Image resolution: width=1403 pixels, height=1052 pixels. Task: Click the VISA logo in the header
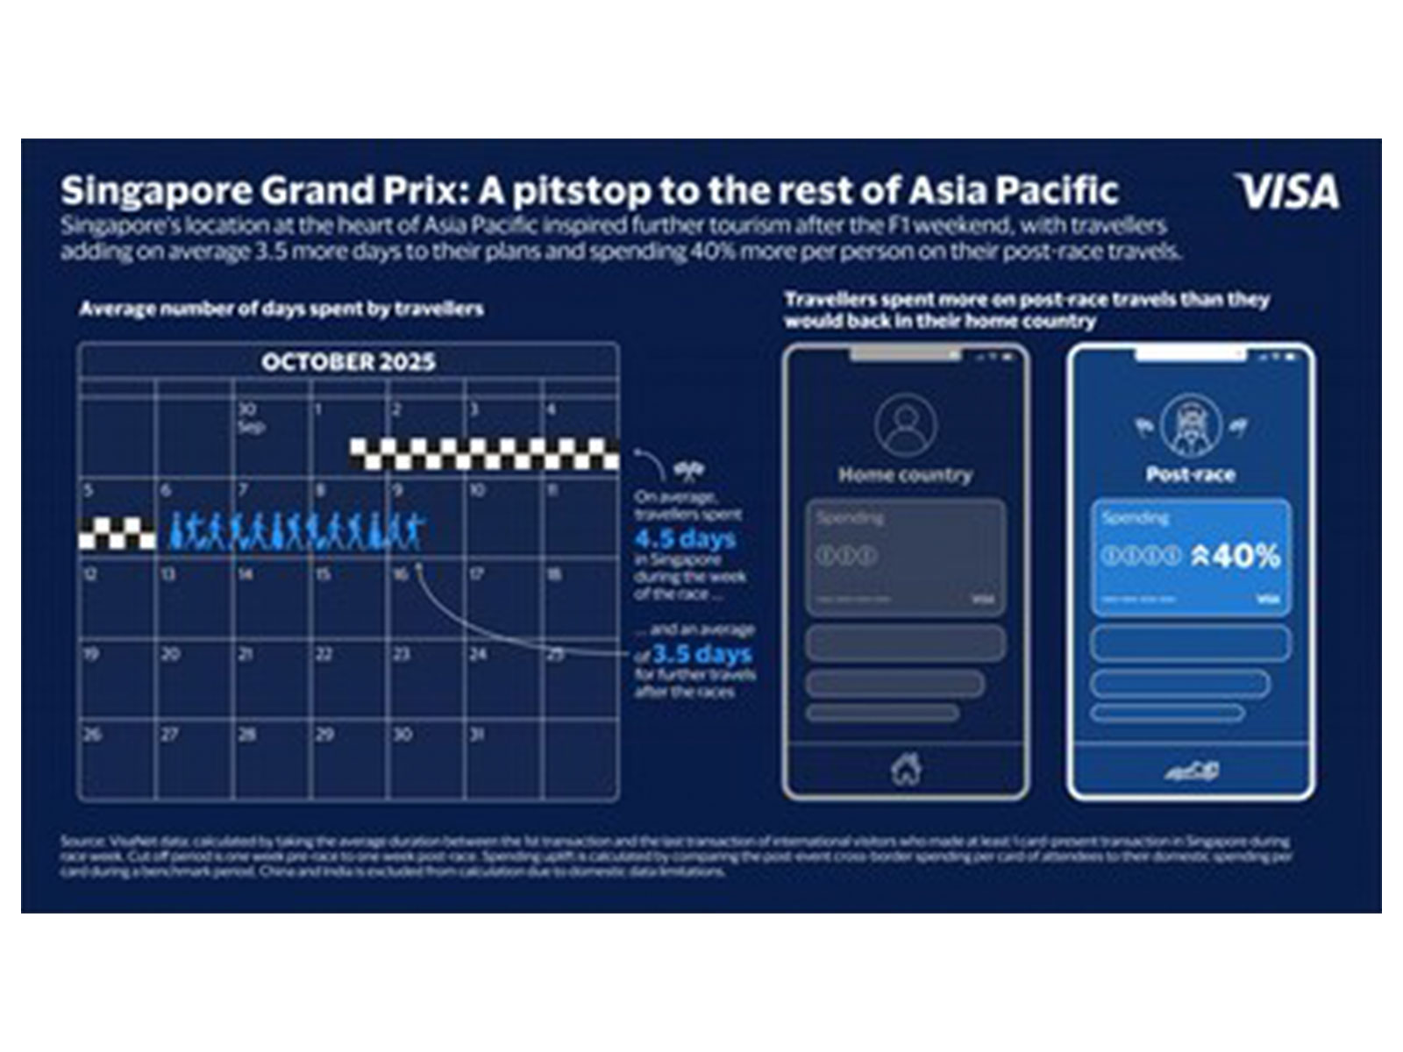tap(1287, 192)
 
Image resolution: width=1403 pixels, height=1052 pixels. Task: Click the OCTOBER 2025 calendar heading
tap(348, 362)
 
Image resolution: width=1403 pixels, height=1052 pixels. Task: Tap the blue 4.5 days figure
tap(685, 538)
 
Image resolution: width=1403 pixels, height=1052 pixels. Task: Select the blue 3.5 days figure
tap(701, 654)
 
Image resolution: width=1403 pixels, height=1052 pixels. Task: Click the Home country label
tap(905, 475)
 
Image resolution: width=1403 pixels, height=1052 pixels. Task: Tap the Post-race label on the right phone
tap(1190, 475)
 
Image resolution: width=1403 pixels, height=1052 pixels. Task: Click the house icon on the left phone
tap(906, 770)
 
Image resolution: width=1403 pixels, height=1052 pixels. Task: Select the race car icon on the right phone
tap(1191, 771)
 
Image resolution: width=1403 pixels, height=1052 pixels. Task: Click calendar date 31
tap(477, 735)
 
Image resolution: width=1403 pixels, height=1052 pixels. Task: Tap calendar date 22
tap(324, 654)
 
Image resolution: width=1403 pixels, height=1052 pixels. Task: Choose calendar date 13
tap(167, 574)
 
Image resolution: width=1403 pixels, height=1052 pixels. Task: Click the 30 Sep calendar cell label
tap(250, 417)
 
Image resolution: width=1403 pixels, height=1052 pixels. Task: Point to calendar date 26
tap(92, 735)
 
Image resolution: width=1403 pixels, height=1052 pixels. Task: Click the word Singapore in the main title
tap(146, 190)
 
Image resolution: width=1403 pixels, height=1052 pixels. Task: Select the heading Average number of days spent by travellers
tap(281, 309)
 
